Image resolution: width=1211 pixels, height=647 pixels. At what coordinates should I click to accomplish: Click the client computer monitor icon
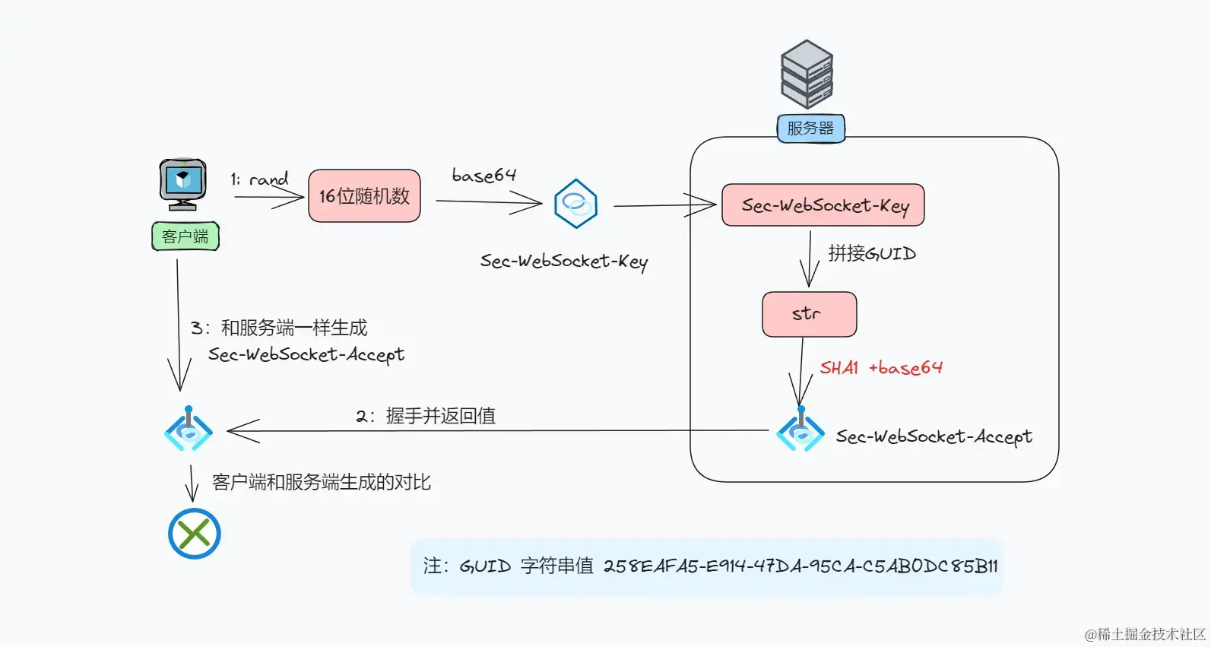(182, 185)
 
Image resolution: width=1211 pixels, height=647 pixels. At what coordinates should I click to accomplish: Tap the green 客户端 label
(185, 236)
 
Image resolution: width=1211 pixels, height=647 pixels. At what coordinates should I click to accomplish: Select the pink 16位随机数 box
(364, 195)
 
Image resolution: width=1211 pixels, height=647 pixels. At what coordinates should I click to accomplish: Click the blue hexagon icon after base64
(575, 203)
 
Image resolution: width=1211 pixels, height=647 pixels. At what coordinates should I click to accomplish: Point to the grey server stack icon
(807, 74)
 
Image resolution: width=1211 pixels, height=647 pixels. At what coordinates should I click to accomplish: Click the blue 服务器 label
(810, 128)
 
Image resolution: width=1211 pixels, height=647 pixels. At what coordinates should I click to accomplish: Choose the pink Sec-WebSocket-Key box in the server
(823, 205)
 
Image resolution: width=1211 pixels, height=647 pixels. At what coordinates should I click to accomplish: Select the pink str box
(810, 315)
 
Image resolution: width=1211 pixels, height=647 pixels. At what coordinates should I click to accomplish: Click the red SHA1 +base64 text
(881, 367)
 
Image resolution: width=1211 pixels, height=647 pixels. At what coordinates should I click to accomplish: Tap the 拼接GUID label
(872, 253)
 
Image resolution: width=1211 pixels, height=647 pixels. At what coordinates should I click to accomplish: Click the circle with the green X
(194, 534)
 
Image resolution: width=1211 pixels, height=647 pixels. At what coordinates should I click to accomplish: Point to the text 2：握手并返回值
(426, 416)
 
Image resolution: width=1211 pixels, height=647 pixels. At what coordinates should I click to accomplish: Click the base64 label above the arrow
(483, 175)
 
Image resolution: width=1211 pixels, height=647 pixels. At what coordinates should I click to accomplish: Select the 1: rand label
(259, 179)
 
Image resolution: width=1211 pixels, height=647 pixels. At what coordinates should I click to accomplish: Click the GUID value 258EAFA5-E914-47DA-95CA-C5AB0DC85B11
(800, 566)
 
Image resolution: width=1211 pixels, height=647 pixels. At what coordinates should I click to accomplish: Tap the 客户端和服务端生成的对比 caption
(321, 482)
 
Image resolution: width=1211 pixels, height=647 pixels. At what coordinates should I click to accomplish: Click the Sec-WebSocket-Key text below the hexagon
(564, 262)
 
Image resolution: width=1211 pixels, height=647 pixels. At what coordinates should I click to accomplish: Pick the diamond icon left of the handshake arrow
(188, 429)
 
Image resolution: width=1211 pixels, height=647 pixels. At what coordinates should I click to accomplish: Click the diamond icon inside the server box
(800, 429)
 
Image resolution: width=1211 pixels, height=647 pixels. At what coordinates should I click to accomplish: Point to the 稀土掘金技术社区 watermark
(1145, 634)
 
